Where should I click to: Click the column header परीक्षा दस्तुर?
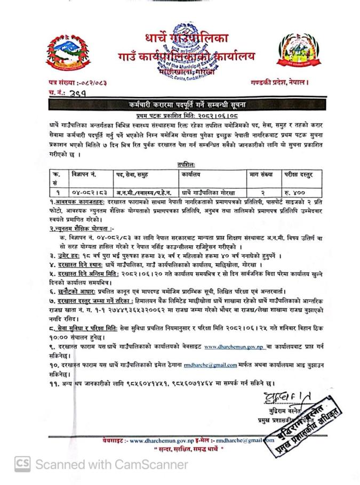tap(301, 174)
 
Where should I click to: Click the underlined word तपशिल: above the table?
tap(185, 166)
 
